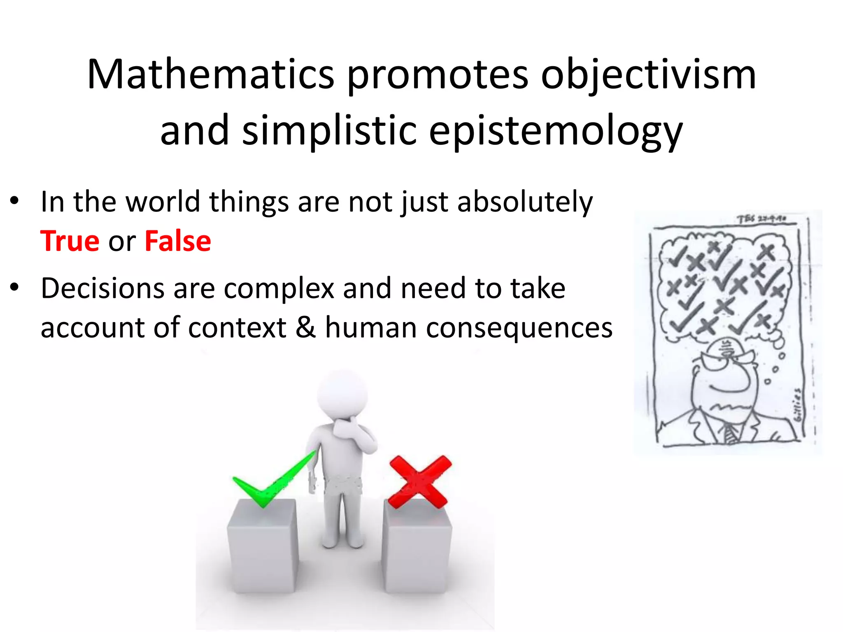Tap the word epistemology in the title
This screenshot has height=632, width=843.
tap(556, 131)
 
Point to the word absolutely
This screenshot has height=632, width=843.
tap(525, 202)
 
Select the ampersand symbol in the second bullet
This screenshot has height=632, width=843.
tap(305, 328)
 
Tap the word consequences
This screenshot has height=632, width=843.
tap(519, 328)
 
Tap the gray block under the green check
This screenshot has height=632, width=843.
tap(262, 547)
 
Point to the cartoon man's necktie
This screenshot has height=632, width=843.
tap(730, 434)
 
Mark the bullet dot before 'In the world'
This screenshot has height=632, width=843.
tap(15, 201)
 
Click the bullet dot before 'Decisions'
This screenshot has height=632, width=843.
tap(15, 288)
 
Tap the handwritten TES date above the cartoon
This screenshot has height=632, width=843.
tap(761, 219)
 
